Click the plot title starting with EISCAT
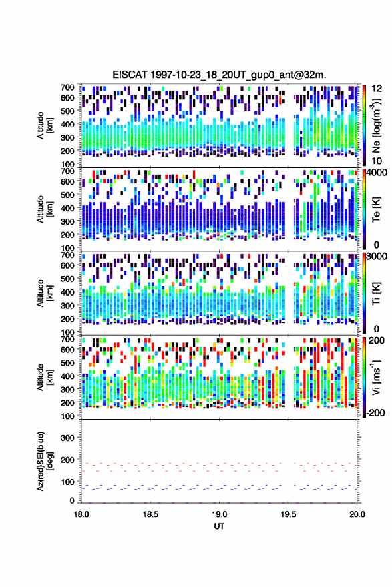click(x=219, y=75)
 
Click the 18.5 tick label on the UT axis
click(x=150, y=514)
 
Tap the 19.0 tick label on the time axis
click(x=219, y=514)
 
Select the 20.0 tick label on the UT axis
click(x=357, y=514)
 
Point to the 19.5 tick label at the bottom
click(x=288, y=514)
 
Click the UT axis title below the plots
click(x=219, y=526)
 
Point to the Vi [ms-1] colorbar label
click(x=376, y=377)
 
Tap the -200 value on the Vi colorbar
click(x=375, y=412)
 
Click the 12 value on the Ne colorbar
click(x=377, y=89)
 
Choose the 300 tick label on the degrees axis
click(x=67, y=438)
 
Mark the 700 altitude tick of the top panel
click(x=67, y=87)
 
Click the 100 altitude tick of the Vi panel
click(x=67, y=416)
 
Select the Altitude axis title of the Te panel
click(x=45, y=209)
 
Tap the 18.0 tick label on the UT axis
click(x=81, y=514)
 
